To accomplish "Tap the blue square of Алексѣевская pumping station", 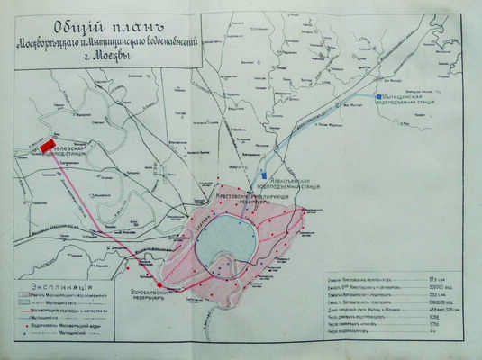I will coord(262,174).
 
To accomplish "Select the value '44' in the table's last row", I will coord(442,331).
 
